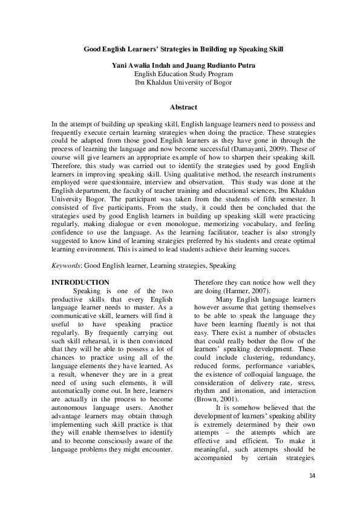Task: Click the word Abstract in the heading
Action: coord(183,107)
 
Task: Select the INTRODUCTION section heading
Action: coord(80,282)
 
